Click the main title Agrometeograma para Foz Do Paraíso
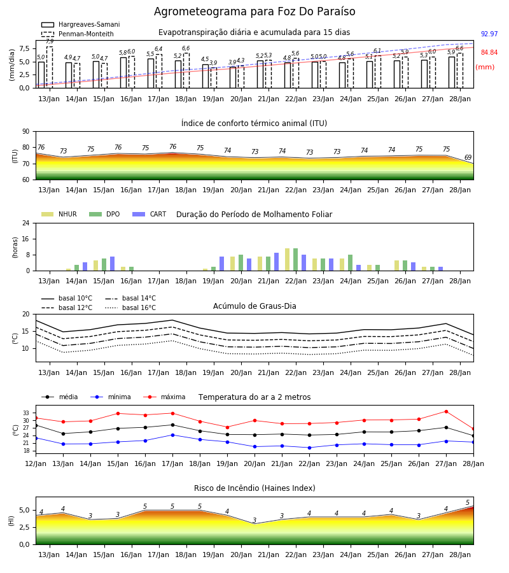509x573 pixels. point(254,11)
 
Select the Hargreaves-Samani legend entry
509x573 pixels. point(80,24)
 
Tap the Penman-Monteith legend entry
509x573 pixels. point(78,34)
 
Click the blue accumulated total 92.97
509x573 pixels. point(489,34)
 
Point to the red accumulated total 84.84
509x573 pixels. point(489,52)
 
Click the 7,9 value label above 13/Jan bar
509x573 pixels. point(50,41)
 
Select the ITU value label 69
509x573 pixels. point(468,157)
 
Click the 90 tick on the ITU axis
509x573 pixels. point(25,132)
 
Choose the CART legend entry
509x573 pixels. point(150,214)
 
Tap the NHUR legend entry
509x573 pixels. point(59,214)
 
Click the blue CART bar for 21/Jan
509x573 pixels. point(276,262)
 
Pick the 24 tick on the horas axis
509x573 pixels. point(26,223)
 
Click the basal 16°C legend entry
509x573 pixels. point(130,308)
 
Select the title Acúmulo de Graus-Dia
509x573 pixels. point(254,306)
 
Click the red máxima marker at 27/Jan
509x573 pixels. point(446,411)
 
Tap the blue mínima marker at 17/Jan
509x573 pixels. point(172,435)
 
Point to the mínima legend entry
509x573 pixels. point(111,397)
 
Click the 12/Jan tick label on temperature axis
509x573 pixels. point(36,463)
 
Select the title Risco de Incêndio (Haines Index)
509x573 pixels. point(254,488)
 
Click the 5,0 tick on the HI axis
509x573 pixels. point(24,511)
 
